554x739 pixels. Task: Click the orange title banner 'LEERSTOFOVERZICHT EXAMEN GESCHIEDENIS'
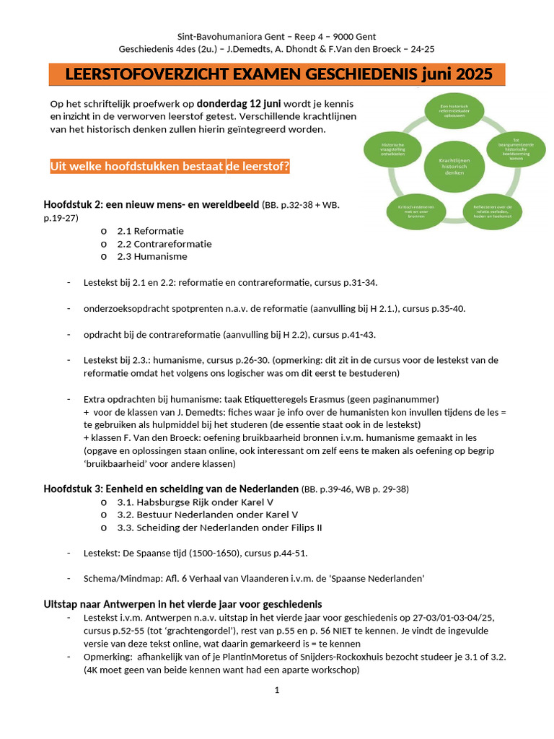pos(277,74)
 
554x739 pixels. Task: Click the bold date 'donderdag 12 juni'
pos(239,103)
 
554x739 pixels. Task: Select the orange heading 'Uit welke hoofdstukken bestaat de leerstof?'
pos(170,167)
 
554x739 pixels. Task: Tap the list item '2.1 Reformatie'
pos(150,231)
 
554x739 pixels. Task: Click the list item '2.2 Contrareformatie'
pos(164,244)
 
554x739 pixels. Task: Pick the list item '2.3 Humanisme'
pos(152,256)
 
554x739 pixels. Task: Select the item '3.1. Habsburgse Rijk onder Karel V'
pos(195,502)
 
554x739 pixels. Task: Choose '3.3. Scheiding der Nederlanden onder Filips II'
pos(219,528)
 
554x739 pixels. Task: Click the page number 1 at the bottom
pos(276,691)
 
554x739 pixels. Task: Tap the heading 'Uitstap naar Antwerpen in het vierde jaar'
pos(183,604)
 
